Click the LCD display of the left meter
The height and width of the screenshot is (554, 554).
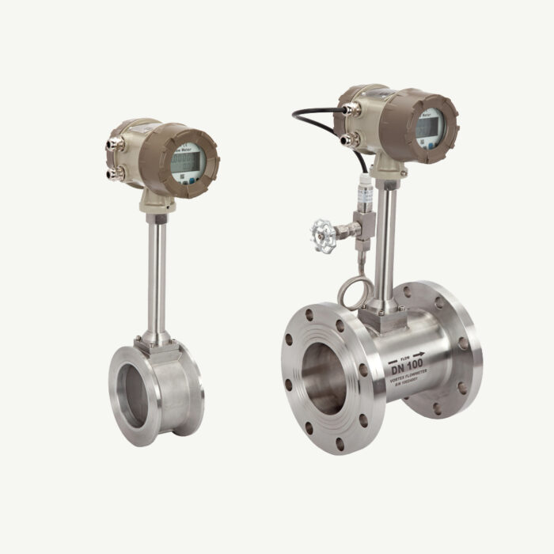tap(184, 165)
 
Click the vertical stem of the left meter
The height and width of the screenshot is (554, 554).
tap(156, 269)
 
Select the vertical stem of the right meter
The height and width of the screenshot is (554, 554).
tap(389, 245)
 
